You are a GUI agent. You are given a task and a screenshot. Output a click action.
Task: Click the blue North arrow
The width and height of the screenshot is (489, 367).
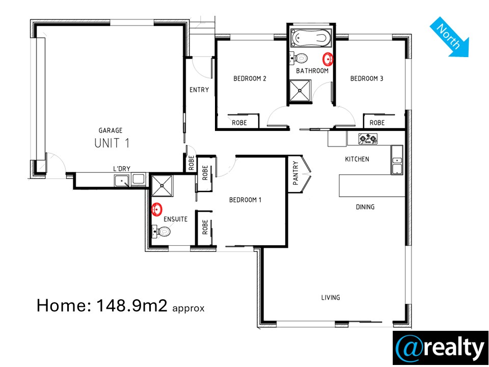(449, 37)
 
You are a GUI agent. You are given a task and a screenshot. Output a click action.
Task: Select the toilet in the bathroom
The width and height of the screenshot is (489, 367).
(299, 58)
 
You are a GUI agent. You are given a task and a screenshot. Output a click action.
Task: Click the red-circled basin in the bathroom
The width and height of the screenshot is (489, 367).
(328, 58)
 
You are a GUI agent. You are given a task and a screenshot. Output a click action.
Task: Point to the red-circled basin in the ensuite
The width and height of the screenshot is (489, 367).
(156, 209)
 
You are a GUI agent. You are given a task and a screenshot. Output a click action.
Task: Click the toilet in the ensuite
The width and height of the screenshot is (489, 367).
(161, 231)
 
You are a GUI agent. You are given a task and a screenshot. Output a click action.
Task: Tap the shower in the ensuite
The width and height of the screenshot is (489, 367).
(162, 186)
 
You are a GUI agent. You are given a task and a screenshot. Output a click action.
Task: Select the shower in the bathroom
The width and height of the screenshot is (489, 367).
(301, 91)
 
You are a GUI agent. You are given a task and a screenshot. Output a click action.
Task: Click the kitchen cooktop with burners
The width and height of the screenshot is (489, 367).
(368, 139)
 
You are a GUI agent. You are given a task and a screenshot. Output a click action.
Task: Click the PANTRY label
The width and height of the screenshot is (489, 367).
(295, 173)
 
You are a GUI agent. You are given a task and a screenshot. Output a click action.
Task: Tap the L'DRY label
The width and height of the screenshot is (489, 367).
(122, 169)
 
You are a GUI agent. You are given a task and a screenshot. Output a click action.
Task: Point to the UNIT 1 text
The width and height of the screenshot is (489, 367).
(112, 143)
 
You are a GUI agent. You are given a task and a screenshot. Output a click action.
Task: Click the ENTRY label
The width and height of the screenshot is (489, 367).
(199, 90)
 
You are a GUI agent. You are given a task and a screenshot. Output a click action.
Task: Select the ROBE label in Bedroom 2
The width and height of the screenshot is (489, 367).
(239, 123)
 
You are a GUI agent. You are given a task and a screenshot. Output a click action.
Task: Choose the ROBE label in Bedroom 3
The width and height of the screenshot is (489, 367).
(377, 123)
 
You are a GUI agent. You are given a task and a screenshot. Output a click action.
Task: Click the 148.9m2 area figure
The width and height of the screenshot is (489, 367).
(132, 305)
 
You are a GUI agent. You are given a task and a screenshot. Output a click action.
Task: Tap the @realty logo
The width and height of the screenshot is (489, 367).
(440, 348)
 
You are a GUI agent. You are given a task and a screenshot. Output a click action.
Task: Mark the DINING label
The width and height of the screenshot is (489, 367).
(365, 207)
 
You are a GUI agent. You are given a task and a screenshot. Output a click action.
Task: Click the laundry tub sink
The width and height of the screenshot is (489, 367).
(122, 180)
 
